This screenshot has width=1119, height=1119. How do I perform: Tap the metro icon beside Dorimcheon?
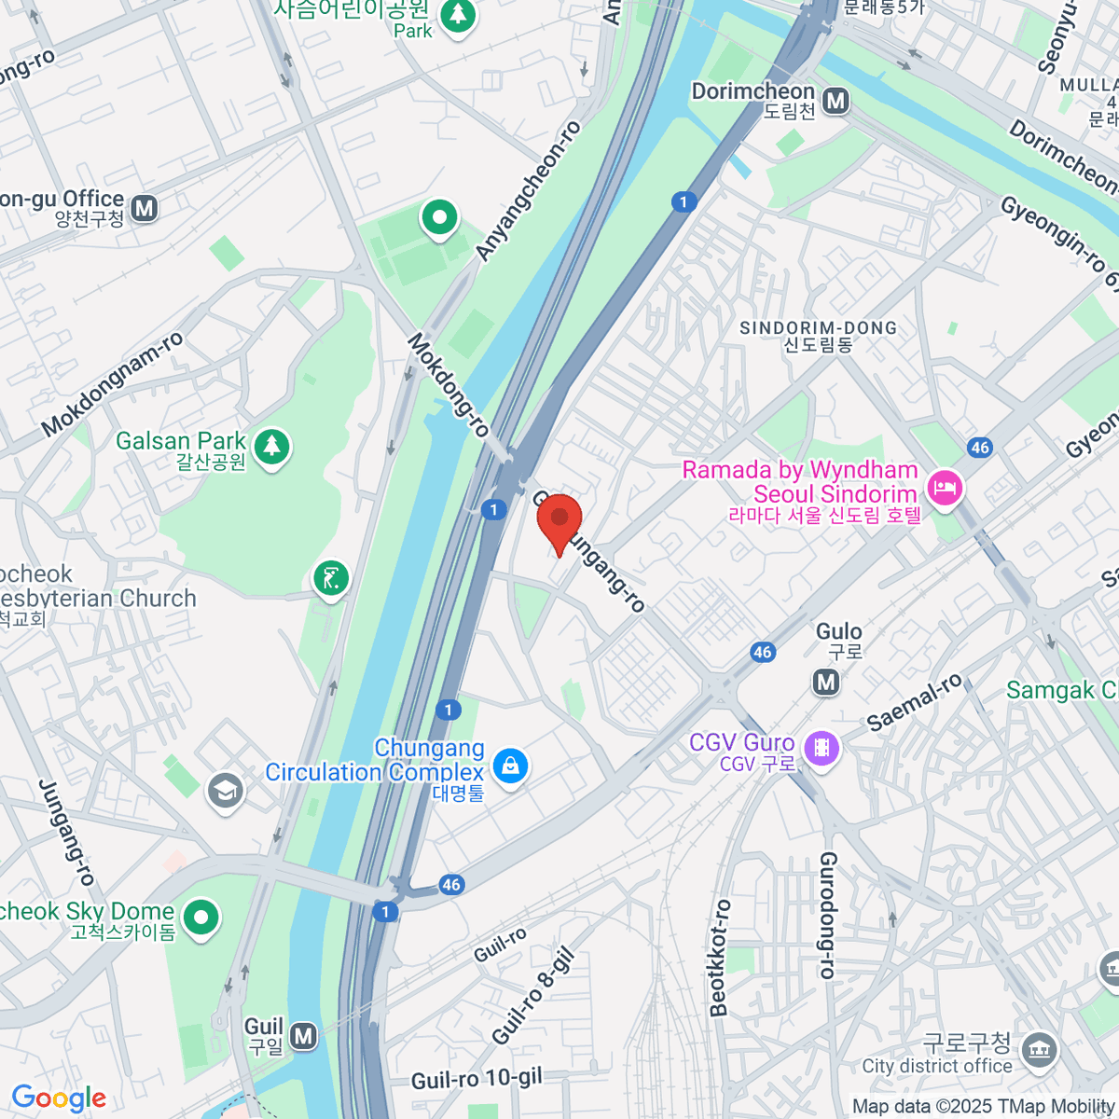836,101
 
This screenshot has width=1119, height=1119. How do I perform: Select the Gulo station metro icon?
826,683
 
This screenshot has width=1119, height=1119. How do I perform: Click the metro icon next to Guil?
303,1035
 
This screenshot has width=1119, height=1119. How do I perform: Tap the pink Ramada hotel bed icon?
945,488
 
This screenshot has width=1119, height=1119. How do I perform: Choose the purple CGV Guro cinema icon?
822,748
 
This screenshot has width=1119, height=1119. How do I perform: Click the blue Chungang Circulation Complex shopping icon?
510,767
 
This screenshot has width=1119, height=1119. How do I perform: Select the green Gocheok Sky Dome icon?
200,918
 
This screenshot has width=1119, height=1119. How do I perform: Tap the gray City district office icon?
1037,1050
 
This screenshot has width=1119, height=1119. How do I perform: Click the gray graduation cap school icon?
225,791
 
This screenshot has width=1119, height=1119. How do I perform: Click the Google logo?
59,1098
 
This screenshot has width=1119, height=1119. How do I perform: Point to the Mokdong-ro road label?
449,385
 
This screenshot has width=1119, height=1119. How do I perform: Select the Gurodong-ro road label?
827,915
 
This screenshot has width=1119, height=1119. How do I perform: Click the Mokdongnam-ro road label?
113,384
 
